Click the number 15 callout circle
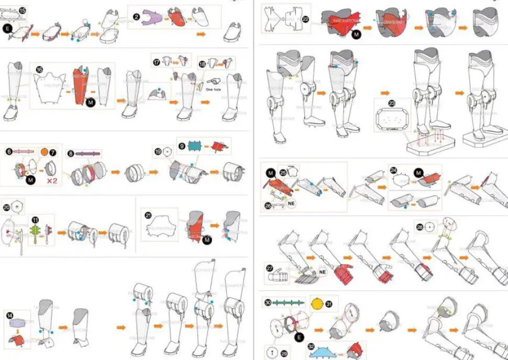pos(22,10)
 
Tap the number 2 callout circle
pos(136,17)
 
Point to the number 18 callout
pos(203,64)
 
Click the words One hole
pos(213,90)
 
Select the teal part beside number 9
pos(194,146)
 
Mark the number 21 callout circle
pos(148,215)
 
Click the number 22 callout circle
pos(306,19)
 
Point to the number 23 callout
pos(392,104)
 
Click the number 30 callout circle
pos(268,302)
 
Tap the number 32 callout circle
pos(311,346)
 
